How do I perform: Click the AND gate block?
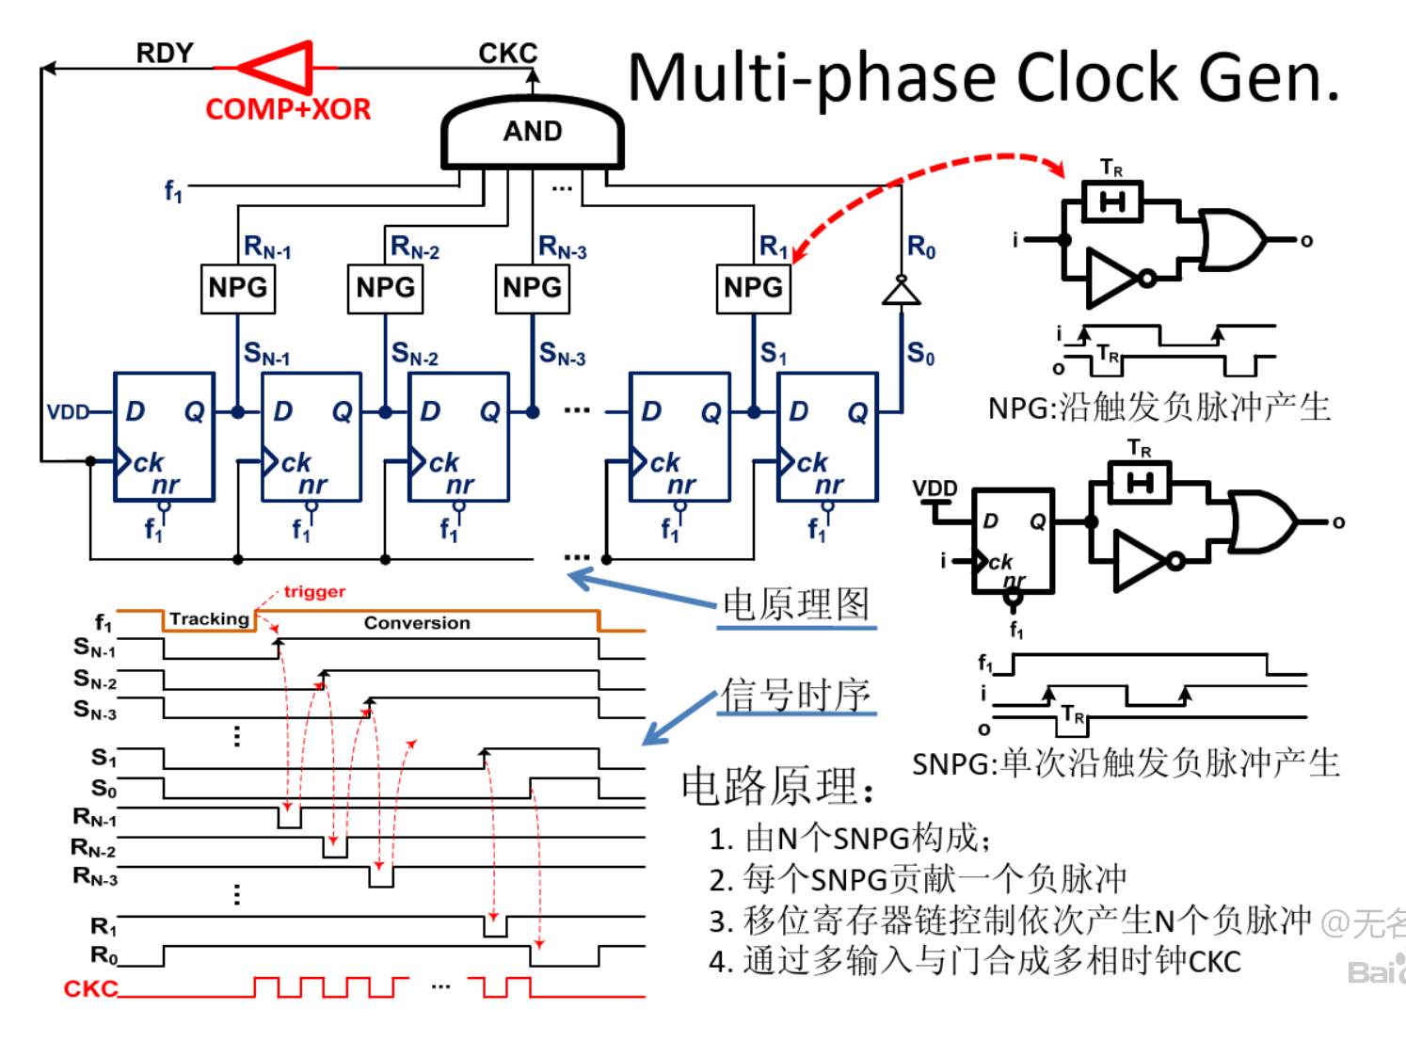click(x=533, y=133)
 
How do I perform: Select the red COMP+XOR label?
click(x=288, y=109)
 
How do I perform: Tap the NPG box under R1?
click(x=753, y=288)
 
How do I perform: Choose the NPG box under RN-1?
click(x=238, y=288)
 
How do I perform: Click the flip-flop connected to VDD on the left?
click(x=164, y=437)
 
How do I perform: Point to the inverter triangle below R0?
click(x=901, y=293)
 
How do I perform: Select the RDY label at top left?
click(x=165, y=53)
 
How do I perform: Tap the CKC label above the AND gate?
click(x=507, y=53)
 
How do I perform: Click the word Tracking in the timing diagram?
click(x=209, y=618)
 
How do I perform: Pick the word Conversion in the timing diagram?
click(x=417, y=623)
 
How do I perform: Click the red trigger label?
click(x=314, y=592)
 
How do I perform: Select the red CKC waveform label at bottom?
click(x=90, y=988)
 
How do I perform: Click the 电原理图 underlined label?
click(x=796, y=604)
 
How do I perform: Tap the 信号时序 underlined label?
click(x=796, y=695)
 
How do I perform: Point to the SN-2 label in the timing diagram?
click(x=95, y=680)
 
